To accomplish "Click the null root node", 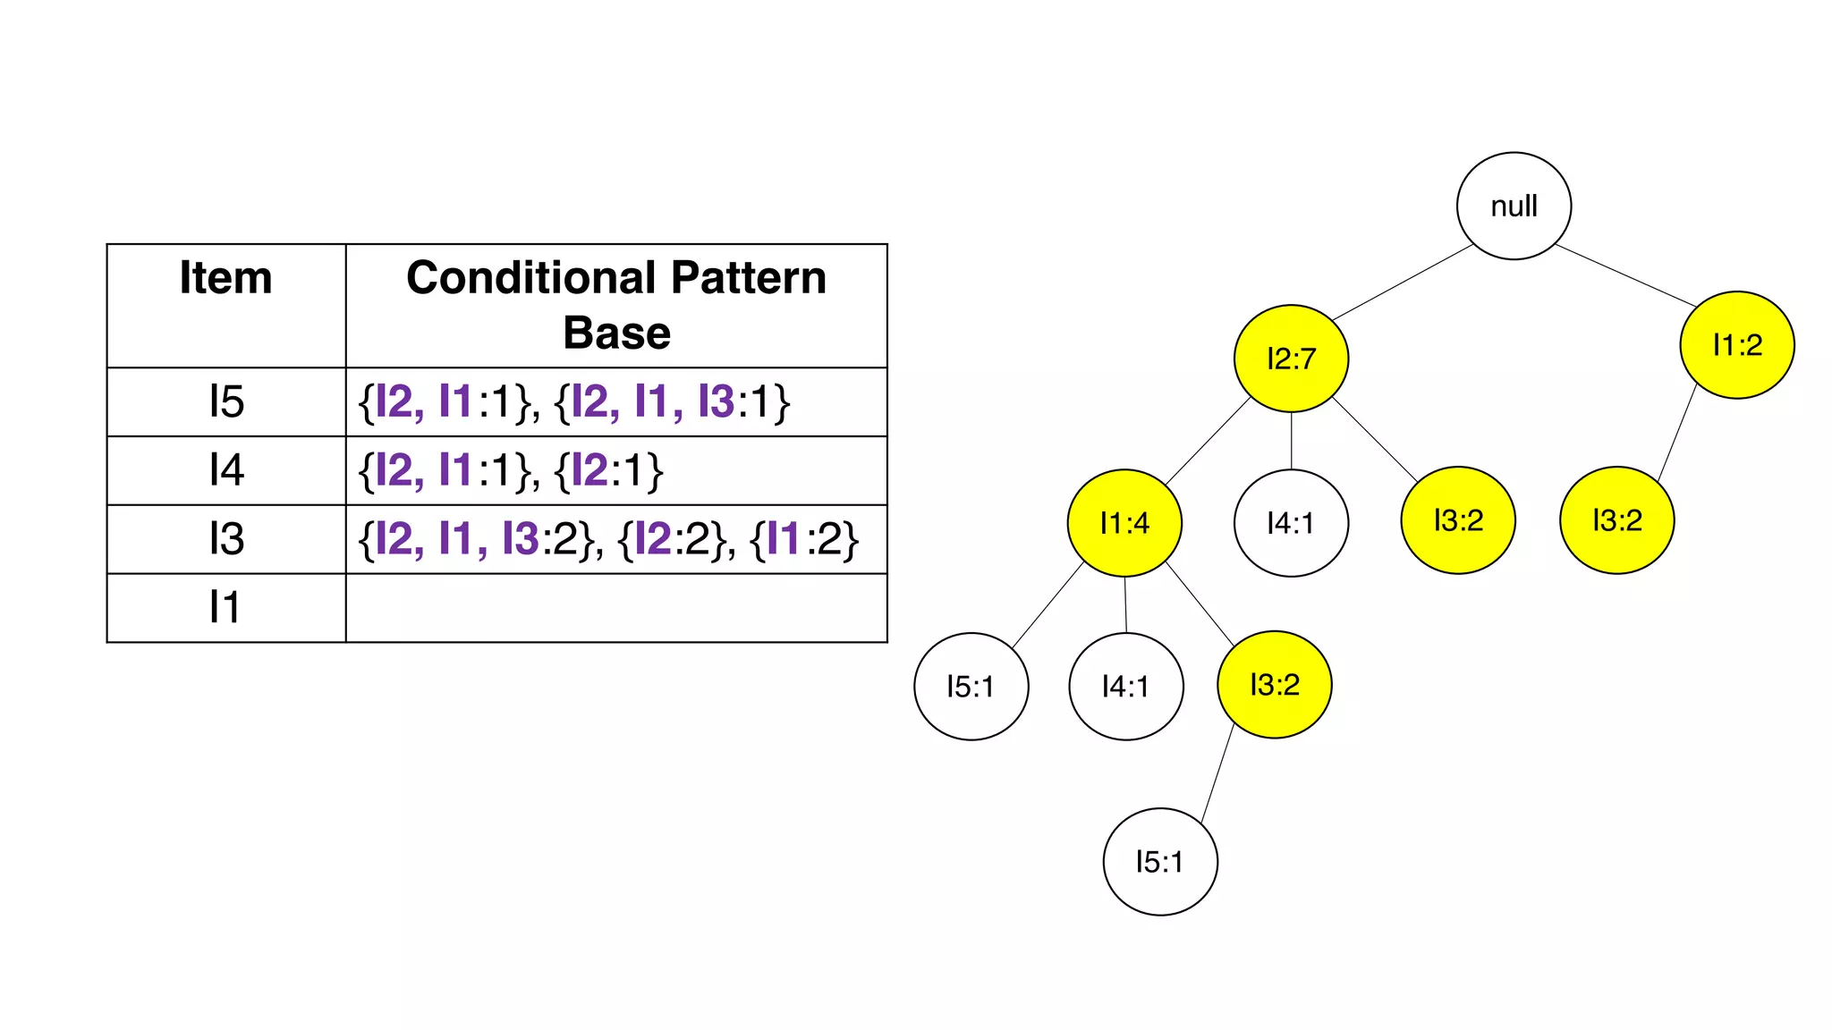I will pos(1514,206).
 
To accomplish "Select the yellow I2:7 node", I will pos(1291,359).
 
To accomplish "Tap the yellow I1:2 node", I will pos(1737,344).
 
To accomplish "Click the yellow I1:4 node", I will pos(1124,522).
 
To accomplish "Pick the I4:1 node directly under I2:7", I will pos(1291,522).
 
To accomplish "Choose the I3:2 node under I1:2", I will pos(1616,519).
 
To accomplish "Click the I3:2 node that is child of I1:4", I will pos(1274,684).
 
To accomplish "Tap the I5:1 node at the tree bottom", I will pos(1159,861).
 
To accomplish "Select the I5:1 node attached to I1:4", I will pos(971,686).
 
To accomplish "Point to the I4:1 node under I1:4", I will pos(1125,686).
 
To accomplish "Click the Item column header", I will pos(225,277).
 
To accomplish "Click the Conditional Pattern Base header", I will pos(616,304).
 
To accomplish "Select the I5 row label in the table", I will pos(225,401).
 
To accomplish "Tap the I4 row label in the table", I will pos(225,470).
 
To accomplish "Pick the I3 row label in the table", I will pos(225,539).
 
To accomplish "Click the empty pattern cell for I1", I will pos(616,608).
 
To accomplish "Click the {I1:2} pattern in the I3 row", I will pos(804,539).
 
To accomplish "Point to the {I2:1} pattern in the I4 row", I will pos(608,470).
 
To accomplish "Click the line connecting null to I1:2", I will pos(1626,275).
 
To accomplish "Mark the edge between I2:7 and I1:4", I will pos(1208,441).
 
